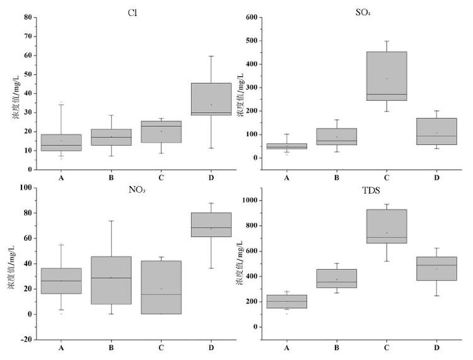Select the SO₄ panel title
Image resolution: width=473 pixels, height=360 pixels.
363,11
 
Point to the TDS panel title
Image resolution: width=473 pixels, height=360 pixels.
362,190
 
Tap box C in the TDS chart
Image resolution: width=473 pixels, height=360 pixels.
388,226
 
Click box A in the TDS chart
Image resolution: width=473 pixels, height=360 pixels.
287,301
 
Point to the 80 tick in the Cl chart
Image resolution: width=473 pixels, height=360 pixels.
28,17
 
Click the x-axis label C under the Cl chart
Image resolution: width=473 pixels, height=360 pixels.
161,178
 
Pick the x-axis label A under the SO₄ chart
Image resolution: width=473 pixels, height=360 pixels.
287,178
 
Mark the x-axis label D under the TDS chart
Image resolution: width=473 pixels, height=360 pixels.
436,347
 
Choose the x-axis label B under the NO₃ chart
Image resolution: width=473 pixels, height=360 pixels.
111,347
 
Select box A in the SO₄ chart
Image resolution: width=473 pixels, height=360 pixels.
287,146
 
